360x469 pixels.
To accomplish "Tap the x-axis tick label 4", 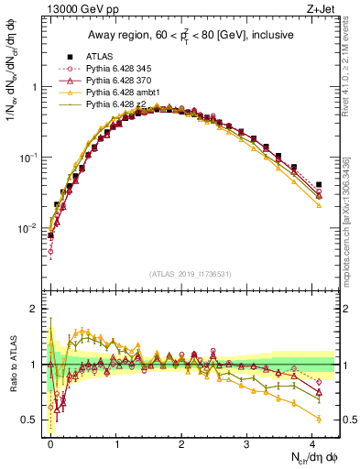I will (312, 443).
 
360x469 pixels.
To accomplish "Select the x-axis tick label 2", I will (181, 443).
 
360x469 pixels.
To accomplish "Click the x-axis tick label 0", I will (50, 443).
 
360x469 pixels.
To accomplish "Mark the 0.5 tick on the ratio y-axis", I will (31, 420).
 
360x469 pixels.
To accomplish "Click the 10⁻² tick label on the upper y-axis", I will (27, 228).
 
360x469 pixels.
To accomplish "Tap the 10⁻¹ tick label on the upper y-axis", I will (27, 158).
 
